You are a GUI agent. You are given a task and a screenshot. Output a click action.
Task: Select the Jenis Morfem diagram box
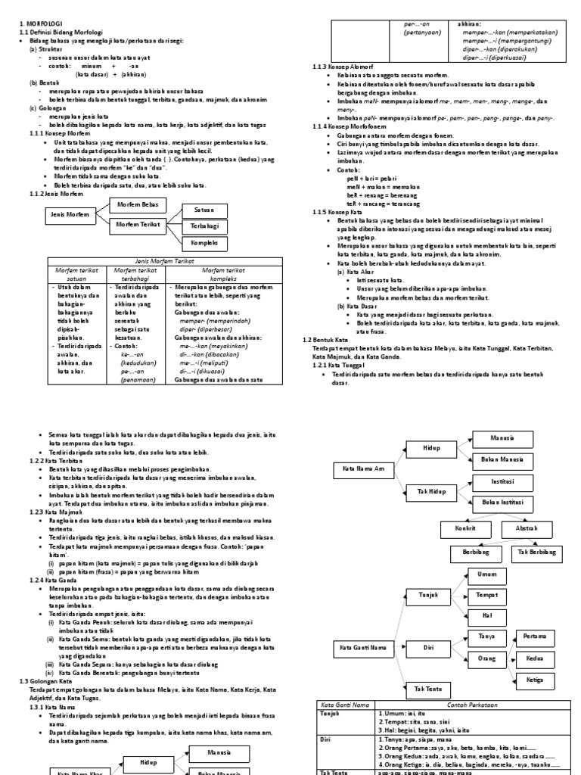click(x=69, y=214)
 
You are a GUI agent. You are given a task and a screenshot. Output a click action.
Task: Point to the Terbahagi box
click(x=204, y=226)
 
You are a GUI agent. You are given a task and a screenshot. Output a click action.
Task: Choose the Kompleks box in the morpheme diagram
click(x=204, y=244)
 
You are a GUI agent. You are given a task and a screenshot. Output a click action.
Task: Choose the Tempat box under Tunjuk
click(x=487, y=596)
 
